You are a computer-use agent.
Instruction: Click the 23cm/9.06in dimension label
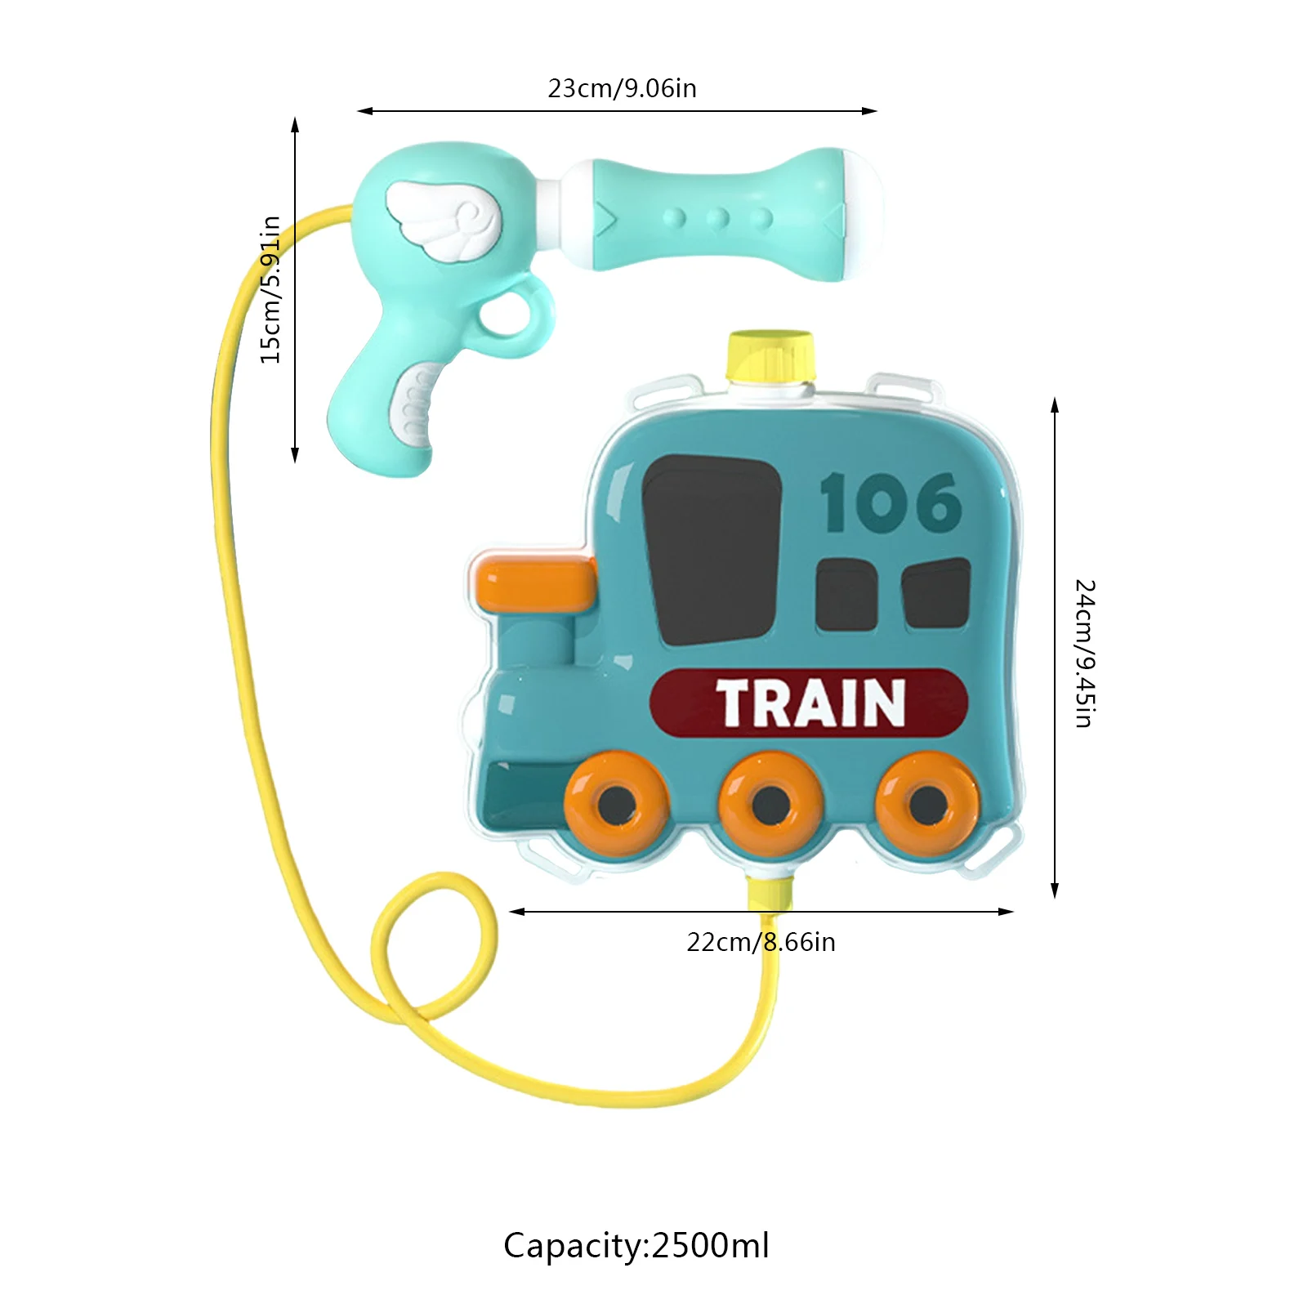622,88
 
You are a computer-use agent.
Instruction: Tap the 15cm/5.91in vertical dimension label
270,289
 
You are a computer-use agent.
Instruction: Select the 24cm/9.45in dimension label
1084,653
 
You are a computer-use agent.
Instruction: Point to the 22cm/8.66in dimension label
761,942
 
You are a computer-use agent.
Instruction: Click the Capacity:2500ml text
636,1245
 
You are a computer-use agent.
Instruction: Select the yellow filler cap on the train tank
770,357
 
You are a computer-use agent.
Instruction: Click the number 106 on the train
890,504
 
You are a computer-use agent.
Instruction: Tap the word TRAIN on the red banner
810,703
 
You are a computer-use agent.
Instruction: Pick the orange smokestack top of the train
536,583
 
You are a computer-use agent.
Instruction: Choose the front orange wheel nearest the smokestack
617,804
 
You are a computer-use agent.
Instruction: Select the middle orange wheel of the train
770,805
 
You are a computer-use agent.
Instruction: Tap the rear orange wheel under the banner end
926,805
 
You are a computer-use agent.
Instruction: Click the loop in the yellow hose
433,948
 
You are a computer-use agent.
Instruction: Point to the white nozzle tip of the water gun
865,214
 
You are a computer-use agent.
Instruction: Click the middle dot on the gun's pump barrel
718,218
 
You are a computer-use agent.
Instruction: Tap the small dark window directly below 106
846,595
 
